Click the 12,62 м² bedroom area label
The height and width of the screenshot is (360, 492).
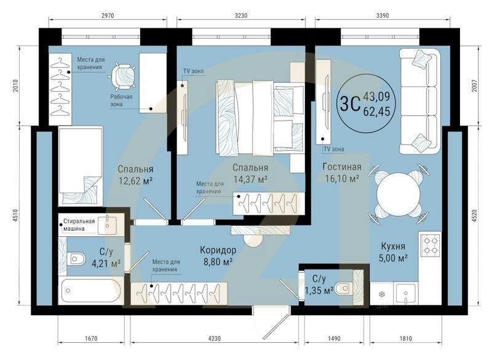tap(135, 181)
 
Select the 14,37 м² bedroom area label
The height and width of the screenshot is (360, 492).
tap(250, 179)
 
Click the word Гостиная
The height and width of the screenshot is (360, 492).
tap(342, 167)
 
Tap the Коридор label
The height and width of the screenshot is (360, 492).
tap(218, 250)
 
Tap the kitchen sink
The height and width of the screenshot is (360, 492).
tap(406, 293)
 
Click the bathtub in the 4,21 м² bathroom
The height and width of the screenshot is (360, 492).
tap(90, 291)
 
